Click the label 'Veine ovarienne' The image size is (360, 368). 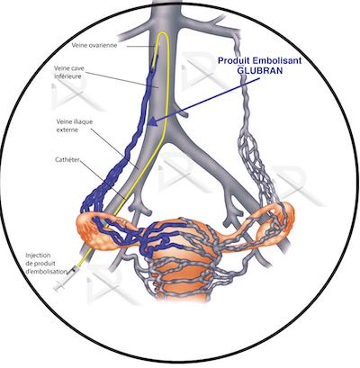tap(94, 45)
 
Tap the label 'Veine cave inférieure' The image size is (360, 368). tap(69, 72)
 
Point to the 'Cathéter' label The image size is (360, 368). tap(67, 159)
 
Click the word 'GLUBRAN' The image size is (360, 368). tap(260, 71)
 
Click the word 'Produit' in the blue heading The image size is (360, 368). tap(234, 60)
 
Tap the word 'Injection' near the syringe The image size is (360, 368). tap(38, 256)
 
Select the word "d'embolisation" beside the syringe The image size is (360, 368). tap(46, 272)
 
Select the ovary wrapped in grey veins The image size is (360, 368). tap(276, 221)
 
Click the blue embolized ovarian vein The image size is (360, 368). tap(132, 135)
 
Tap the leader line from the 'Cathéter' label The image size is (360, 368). tap(103, 180)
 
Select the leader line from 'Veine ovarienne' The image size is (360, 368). tap(140, 46)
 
